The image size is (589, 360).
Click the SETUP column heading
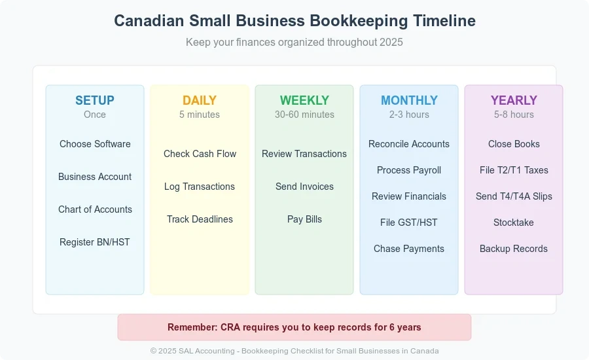click(95, 100)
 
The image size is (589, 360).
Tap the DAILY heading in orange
click(200, 100)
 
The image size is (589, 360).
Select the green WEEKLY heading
click(304, 100)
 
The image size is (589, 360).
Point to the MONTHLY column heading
click(409, 100)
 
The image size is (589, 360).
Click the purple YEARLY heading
click(514, 100)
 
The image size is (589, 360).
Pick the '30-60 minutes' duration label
click(304, 115)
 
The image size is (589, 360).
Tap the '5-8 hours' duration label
click(514, 115)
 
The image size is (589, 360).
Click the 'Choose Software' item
click(95, 144)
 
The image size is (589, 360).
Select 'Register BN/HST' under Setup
click(95, 242)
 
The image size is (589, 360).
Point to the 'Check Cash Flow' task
click(200, 154)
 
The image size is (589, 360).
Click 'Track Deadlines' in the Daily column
click(200, 219)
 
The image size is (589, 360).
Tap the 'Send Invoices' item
click(304, 187)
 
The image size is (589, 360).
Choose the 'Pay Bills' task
click(304, 219)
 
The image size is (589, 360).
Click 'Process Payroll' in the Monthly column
click(408, 170)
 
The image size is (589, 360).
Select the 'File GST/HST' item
click(408, 223)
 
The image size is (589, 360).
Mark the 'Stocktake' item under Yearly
click(514, 223)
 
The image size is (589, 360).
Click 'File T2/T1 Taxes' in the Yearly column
click(514, 170)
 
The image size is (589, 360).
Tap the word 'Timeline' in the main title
click(444, 21)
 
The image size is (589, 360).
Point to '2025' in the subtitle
click(391, 42)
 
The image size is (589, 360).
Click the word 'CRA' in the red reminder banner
click(230, 327)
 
